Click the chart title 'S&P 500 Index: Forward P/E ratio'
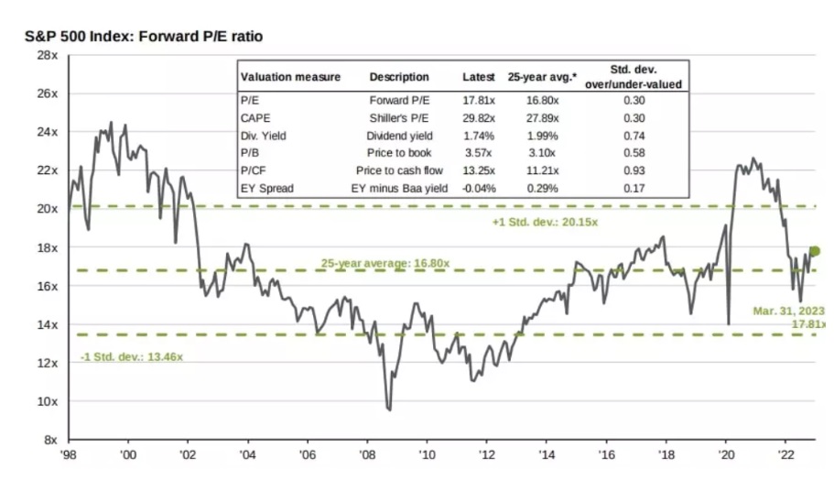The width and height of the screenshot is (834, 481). coord(145,37)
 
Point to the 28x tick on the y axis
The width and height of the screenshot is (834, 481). coord(48,55)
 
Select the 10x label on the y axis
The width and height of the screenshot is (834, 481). coord(48,401)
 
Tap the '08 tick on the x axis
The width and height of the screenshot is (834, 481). coord(366,454)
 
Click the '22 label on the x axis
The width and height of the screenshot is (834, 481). coord(785,454)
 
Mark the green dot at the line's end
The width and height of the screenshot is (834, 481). coord(816,251)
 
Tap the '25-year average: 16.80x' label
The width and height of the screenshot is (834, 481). coord(385,264)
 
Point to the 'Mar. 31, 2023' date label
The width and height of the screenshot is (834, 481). coord(790,311)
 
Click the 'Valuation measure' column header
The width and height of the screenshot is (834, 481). coord(289,77)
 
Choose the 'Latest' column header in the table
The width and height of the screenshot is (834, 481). coord(478,77)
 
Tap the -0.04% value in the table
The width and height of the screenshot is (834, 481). coord(476,189)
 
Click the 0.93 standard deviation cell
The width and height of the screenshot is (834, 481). coord(637,170)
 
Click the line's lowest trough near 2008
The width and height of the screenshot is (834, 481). coord(389,410)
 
